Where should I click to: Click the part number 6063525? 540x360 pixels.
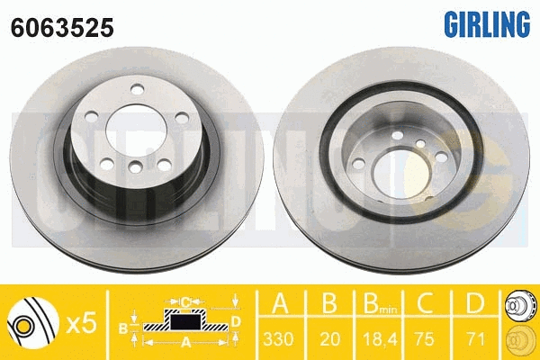tap(62, 28)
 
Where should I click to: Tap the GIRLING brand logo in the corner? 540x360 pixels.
tap(486, 24)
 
